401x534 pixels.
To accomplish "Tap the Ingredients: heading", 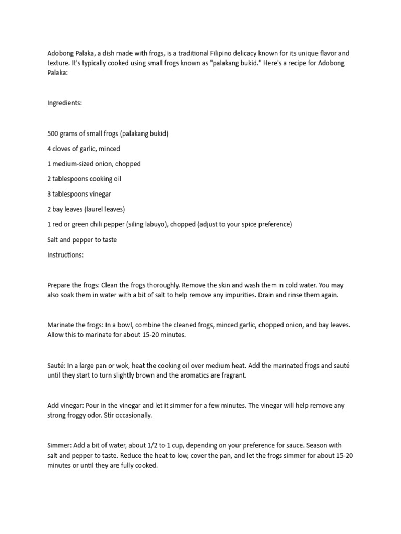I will point(64,103).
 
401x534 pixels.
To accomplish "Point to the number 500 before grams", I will point(53,133).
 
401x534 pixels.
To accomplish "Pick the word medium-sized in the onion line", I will point(75,164).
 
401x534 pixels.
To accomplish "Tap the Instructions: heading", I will point(65,255).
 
